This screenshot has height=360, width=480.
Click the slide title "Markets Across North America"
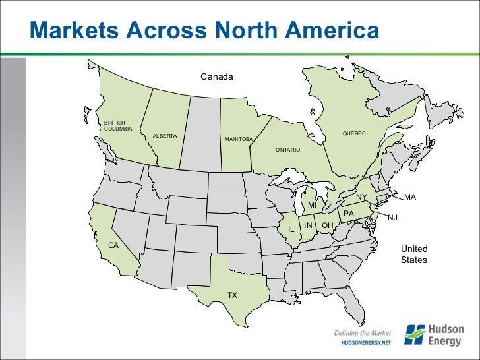pos(205,31)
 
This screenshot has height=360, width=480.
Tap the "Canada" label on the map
pos(217,78)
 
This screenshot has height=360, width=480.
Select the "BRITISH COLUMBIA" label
pos(118,125)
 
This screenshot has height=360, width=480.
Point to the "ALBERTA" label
pos(165,136)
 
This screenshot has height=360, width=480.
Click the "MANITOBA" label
pos(239,140)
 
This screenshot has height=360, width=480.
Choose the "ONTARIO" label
pos(288,150)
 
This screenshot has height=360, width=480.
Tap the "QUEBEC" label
pos(354,134)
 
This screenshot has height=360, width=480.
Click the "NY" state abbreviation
pos(361,197)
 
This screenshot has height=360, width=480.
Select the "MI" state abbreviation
pos(313,205)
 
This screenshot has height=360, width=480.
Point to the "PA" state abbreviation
pos(349,214)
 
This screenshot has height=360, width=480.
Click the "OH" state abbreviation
pos(327,225)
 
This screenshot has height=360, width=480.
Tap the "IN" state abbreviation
pos(308,225)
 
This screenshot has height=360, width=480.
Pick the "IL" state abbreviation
pos(290,229)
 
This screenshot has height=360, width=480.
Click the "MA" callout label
pos(410,197)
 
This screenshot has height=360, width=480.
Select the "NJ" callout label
pos(393,218)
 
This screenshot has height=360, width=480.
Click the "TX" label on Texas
pos(232,295)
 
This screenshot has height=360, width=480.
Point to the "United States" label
pos(414,255)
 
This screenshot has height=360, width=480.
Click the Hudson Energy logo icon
pos(415,334)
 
